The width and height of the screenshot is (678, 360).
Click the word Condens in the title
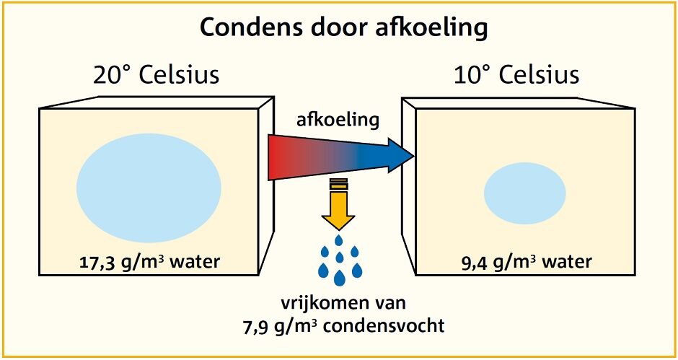pyautogui.click(x=245, y=27)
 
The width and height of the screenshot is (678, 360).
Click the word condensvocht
pyautogui.click(x=393, y=325)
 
